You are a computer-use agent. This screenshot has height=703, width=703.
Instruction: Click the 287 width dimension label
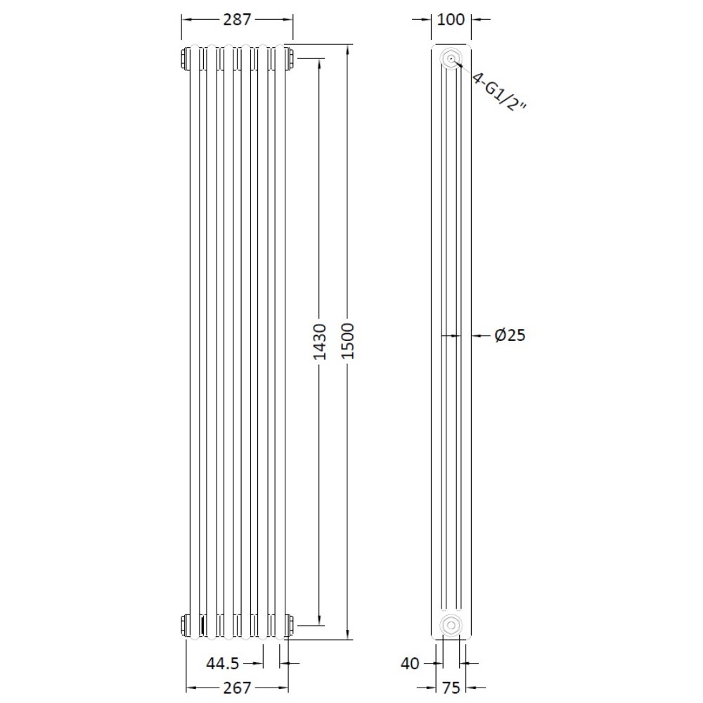(238, 20)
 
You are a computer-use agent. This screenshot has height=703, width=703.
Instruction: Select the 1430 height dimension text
(320, 342)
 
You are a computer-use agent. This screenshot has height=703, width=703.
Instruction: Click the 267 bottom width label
(238, 688)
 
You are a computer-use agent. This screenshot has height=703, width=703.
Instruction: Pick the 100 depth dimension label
(450, 20)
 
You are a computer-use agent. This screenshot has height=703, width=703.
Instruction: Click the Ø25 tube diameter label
(510, 336)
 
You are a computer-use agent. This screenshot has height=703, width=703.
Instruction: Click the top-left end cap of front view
(186, 58)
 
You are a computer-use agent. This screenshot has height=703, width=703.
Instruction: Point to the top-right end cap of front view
(288, 58)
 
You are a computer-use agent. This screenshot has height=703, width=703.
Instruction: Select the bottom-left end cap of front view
(186, 624)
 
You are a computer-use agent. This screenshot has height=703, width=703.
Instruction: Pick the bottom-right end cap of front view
(288, 624)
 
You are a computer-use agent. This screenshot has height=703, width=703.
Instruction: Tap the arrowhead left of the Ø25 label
(477, 336)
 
